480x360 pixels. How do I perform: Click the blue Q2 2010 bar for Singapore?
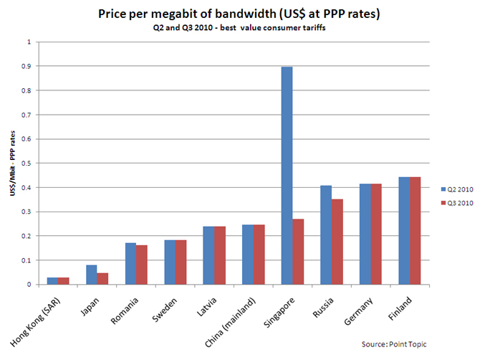pyautogui.click(x=287, y=175)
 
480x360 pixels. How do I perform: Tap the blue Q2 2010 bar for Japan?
pyautogui.click(x=92, y=275)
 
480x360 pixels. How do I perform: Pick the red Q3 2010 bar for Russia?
pyautogui.click(x=337, y=242)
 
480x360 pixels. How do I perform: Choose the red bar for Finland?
pyautogui.click(x=414, y=230)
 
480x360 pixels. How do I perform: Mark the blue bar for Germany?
pyautogui.click(x=364, y=234)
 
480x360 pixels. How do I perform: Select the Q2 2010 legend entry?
pyautogui.click(x=454, y=189)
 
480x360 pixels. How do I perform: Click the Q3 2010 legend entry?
pyautogui.click(x=454, y=204)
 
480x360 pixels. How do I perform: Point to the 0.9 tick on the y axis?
pyautogui.click(x=29, y=66)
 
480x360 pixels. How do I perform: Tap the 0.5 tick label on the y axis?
pyautogui.click(x=29, y=163)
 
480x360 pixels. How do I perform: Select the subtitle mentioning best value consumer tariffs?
pyautogui.click(x=239, y=28)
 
